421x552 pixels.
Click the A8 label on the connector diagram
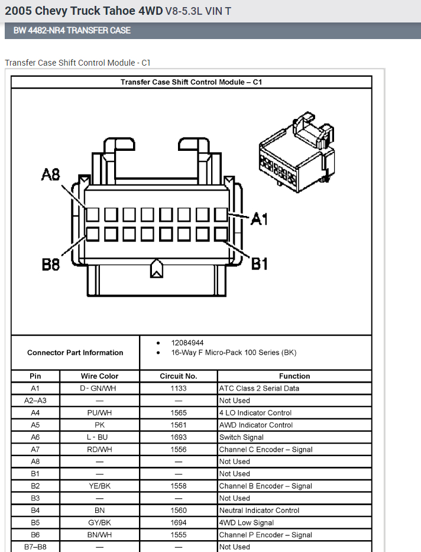51,175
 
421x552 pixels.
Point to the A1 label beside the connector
259,219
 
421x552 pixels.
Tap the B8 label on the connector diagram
51,264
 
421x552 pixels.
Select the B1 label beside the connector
260,263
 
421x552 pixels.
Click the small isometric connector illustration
296,153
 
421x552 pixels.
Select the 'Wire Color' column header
99,376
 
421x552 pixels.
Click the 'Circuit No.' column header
178,376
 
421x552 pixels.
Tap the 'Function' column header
294,376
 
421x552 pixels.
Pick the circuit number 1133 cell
178,389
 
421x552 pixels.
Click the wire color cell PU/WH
99,413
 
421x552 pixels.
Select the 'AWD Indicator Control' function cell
257,425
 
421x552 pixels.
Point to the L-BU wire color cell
99,437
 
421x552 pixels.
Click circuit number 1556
178,450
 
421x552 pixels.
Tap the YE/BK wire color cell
99,486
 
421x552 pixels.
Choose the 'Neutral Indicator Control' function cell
259,511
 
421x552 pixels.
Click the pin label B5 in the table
35,523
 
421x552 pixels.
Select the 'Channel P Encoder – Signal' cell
265,535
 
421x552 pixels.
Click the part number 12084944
187,343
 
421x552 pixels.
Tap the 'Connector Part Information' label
75,353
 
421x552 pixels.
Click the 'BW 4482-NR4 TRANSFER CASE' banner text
72,30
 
